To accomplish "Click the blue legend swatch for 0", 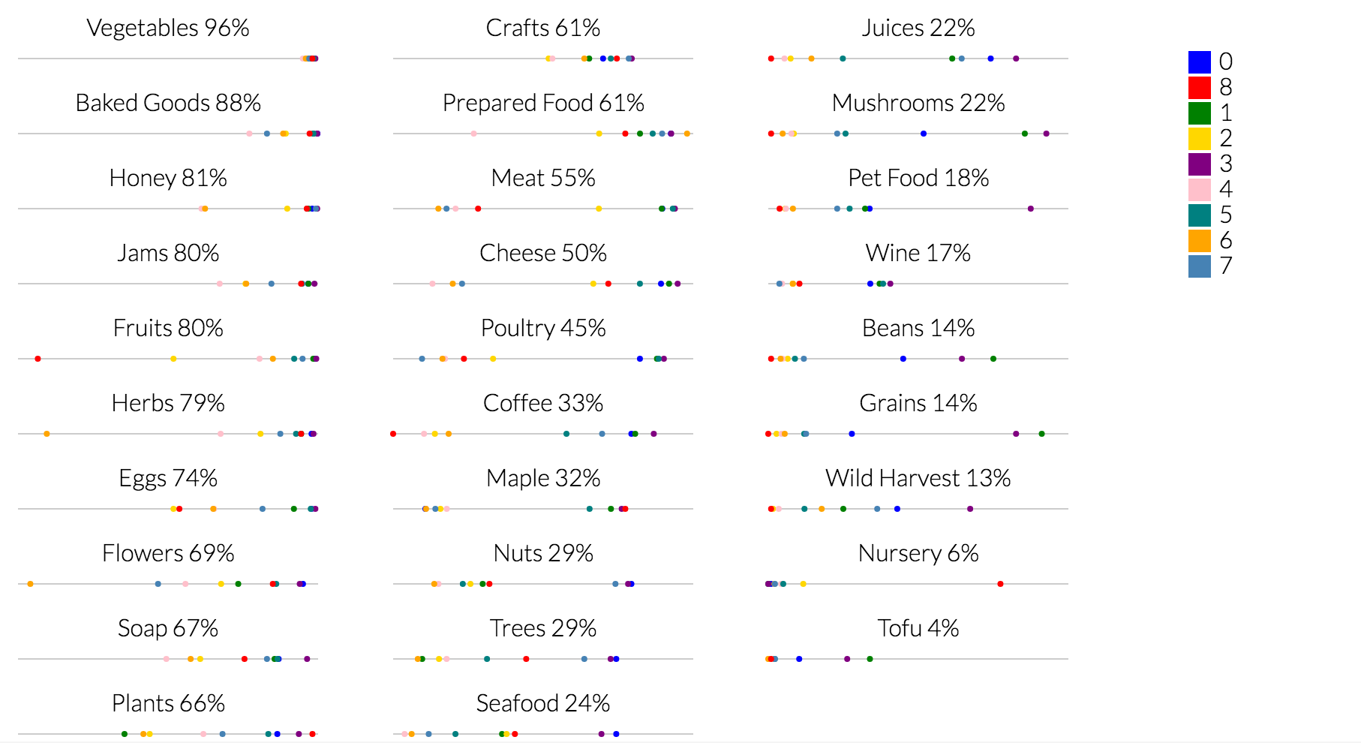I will click(1199, 62).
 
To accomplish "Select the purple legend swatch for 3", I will click(1199, 164).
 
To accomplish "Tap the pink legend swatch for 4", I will click(1199, 189).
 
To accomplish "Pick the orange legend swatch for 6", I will click(1199, 240).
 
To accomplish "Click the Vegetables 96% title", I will click(168, 28).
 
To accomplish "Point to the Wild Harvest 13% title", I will click(918, 478).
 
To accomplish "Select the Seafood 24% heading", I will click(542, 703).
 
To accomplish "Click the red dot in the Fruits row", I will click(38, 359).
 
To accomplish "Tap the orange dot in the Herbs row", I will click(47, 434).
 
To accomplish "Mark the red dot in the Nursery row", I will click(1000, 584).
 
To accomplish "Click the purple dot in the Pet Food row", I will click(1030, 209).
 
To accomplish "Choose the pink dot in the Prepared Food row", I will click(473, 134).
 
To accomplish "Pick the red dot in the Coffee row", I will click(393, 434).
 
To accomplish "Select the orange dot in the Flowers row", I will click(30, 584).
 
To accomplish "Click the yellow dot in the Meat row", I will click(598, 209).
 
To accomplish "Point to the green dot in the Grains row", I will click(1041, 434).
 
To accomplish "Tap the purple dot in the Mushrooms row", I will click(1046, 134).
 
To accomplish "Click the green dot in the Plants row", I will click(125, 734).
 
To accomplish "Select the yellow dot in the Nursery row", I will click(803, 584).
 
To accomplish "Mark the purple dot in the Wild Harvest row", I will click(970, 509).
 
